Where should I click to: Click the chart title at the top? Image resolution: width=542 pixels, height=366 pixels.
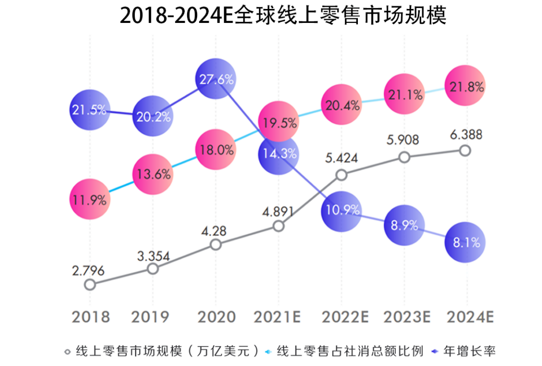(282, 16)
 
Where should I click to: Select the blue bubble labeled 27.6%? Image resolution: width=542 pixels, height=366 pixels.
(216, 79)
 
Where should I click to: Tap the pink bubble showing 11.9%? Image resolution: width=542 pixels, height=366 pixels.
(89, 199)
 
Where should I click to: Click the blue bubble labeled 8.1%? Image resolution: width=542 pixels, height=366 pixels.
(465, 242)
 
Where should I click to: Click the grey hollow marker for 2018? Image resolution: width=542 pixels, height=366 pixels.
(90, 284)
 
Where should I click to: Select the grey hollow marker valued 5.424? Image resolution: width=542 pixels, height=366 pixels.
(341, 175)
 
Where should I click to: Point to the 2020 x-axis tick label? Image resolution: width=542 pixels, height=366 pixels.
(216, 317)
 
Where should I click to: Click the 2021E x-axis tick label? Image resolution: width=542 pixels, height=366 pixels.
(277, 317)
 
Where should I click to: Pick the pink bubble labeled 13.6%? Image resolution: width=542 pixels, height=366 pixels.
(153, 174)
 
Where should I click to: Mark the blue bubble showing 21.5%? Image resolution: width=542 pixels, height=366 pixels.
(89, 110)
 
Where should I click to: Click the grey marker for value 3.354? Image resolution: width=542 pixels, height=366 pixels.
(153, 269)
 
